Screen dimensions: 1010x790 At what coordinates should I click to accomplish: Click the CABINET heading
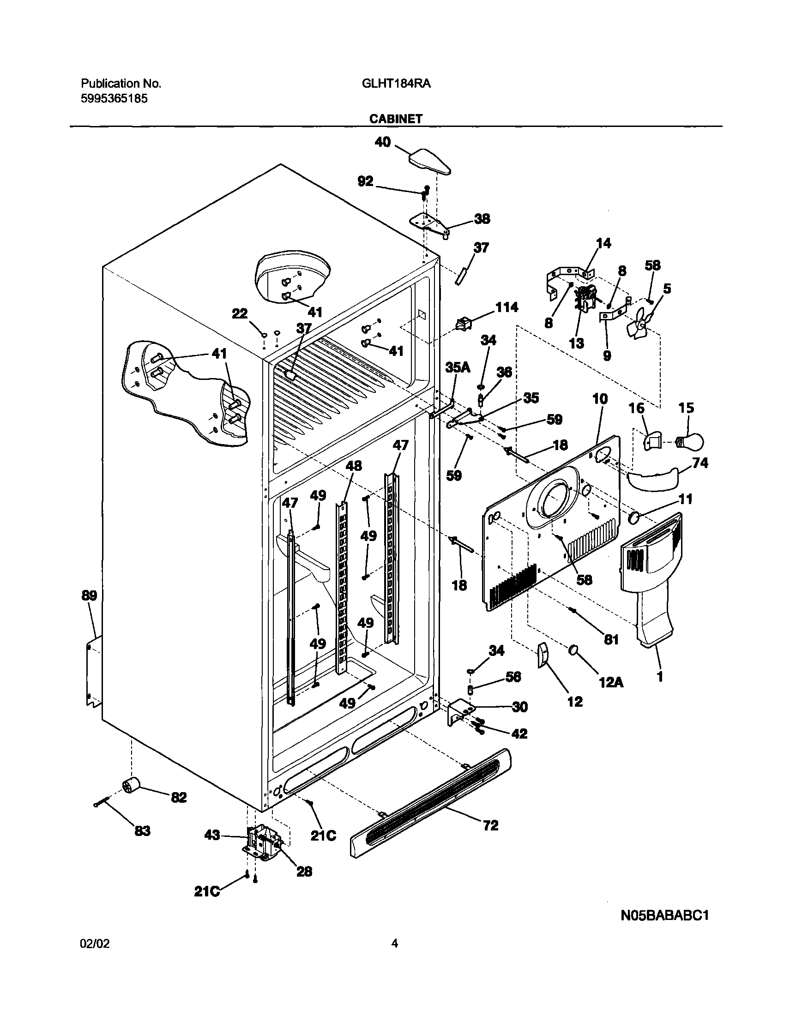click(x=396, y=119)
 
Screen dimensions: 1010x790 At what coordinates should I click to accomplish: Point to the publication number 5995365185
click(x=114, y=98)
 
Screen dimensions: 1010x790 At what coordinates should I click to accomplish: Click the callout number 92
click(x=365, y=181)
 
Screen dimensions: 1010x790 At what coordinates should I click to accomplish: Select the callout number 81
click(x=611, y=639)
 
